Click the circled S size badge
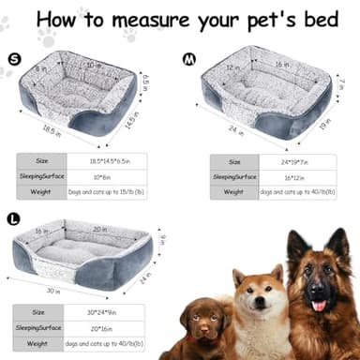click(14, 59)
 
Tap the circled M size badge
click(189, 59)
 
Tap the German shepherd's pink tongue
click(318, 306)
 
